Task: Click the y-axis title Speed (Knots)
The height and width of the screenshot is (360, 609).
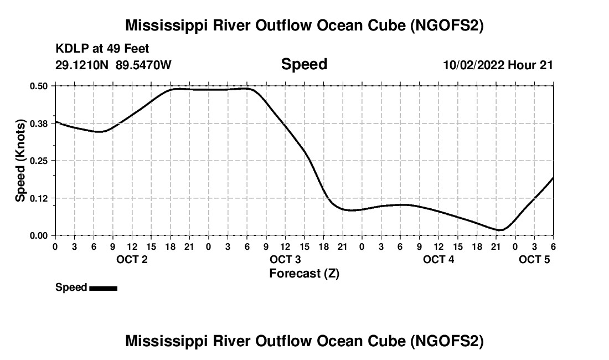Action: (x=20, y=161)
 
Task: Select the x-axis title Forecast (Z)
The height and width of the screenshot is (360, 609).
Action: (x=304, y=274)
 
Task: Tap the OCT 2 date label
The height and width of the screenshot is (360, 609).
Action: (x=132, y=260)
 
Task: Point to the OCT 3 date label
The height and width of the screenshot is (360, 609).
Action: (x=285, y=260)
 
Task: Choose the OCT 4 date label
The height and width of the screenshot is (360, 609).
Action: (x=438, y=260)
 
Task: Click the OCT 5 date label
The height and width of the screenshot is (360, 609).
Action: (x=534, y=260)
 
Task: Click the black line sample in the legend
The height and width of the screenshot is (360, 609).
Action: (x=103, y=288)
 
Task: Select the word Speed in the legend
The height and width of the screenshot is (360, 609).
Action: (x=71, y=287)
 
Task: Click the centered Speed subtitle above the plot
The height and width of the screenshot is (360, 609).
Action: (x=304, y=64)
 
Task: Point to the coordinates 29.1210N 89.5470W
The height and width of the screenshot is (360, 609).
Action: (x=113, y=65)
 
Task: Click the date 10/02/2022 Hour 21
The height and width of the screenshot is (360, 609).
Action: (x=498, y=65)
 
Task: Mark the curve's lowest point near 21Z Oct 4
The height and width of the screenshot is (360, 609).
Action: (x=500, y=230)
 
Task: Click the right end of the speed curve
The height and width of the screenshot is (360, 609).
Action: (x=553, y=178)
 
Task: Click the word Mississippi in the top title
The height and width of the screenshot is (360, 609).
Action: (x=169, y=25)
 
